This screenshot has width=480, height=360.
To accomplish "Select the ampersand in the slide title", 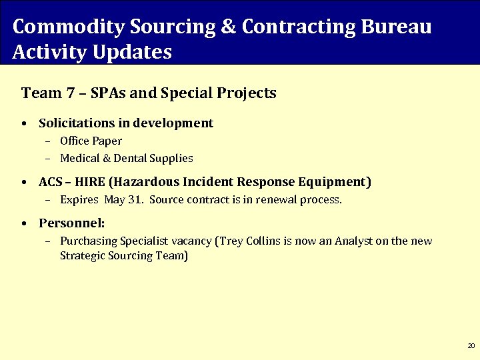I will point(226,27).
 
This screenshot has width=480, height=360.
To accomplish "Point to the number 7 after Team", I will point(70,93).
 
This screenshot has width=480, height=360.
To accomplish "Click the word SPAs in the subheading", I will point(107,93).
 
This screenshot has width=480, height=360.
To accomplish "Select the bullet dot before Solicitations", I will point(24,124).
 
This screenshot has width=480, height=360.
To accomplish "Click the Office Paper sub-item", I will point(91,141).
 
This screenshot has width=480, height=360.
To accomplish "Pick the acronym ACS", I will point(50,182).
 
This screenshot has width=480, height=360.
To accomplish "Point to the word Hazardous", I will point(140,182).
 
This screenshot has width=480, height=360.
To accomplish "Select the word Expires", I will point(79,199).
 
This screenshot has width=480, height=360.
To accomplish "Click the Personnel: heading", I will point(71,223).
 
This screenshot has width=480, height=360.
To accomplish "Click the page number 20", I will point(471,346).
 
